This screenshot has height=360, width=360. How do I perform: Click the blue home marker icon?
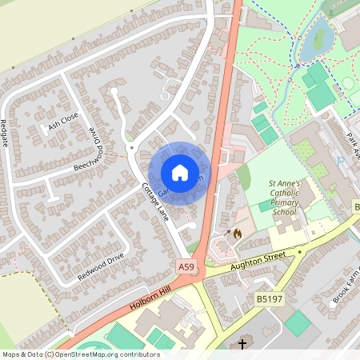click(x=179, y=173)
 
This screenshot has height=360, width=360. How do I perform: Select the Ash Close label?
click(x=63, y=122)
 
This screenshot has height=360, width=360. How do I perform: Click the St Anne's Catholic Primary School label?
click(x=284, y=197)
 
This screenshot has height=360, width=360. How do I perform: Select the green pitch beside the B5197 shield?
click(x=298, y=323)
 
